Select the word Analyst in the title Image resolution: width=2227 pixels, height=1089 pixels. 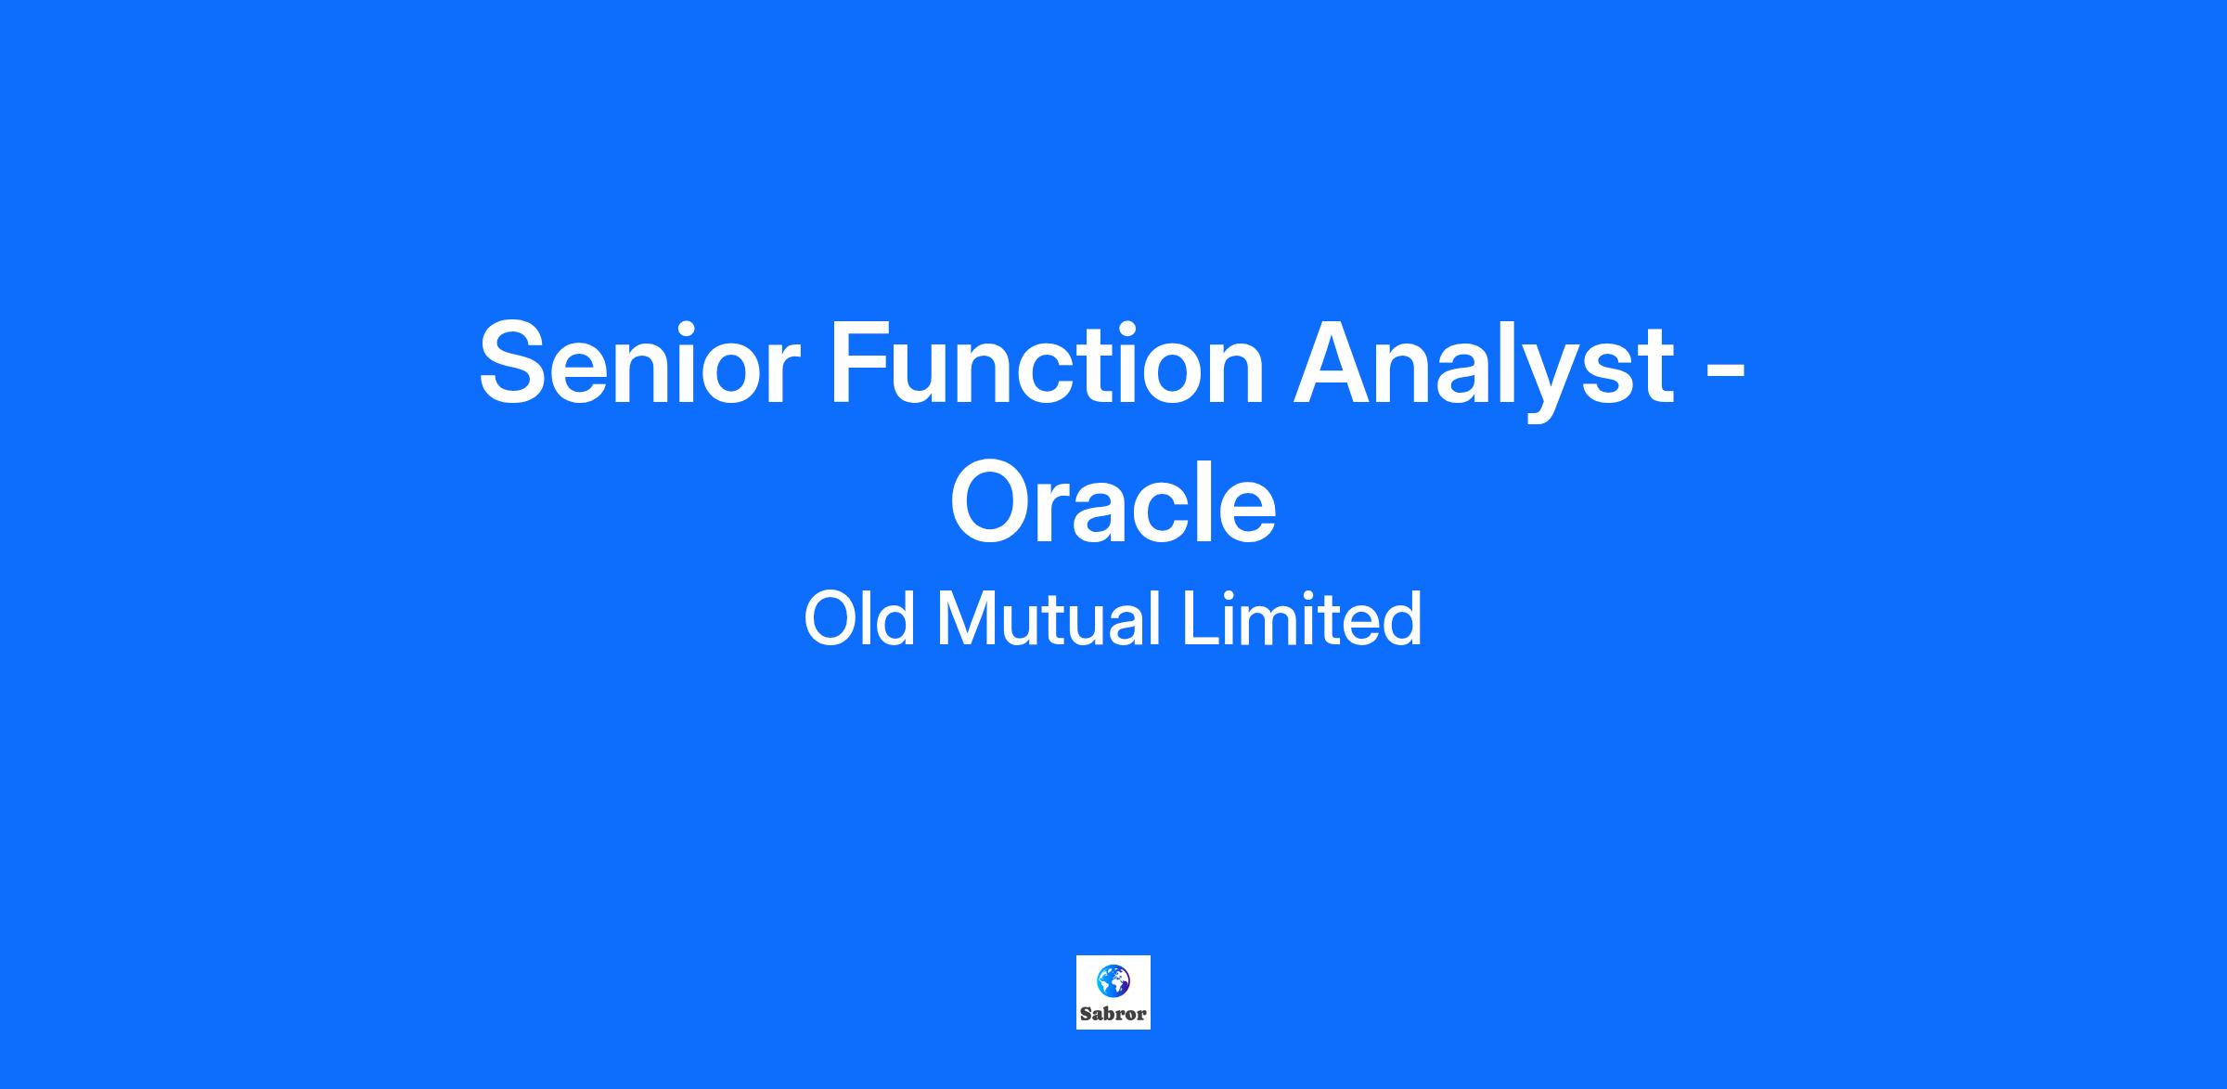(1484, 369)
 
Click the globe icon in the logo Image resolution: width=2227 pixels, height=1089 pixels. (1113, 980)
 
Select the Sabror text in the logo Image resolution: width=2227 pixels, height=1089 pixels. (1113, 1014)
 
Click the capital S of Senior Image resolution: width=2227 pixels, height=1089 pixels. (517, 363)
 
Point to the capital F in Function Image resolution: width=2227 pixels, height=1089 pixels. (862, 363)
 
